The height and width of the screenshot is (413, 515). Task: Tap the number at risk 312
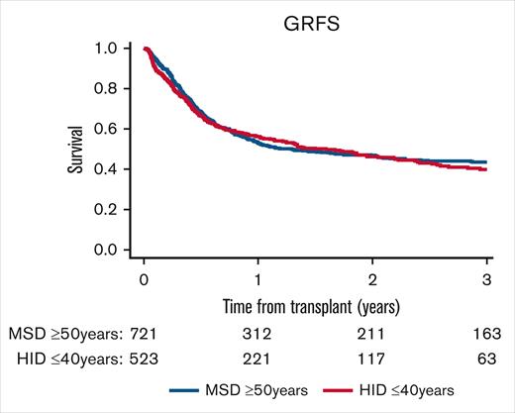tap(257, 328)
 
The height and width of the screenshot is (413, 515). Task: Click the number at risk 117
tap(371, 353)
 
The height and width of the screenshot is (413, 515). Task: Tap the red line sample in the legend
tap(351, 390)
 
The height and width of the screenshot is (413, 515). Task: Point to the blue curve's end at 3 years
tap(486, 161)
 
